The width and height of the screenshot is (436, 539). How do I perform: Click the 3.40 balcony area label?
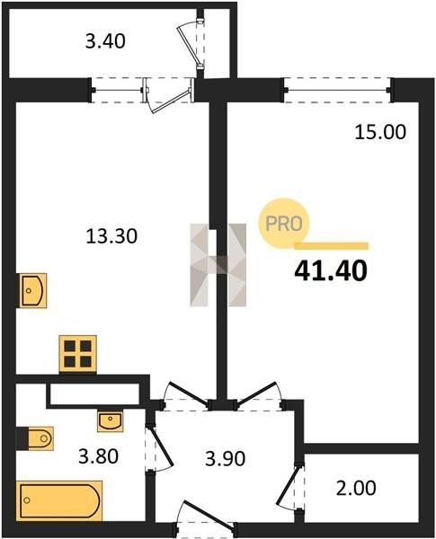(105, 42)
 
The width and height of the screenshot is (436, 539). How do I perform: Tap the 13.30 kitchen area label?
(111, 236)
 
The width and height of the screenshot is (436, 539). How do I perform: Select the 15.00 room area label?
(380, 132)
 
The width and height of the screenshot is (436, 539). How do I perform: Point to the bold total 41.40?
(331, 271)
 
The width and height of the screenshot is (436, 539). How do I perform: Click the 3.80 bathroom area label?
(98, 456)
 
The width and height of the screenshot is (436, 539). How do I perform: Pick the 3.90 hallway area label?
(225, 459)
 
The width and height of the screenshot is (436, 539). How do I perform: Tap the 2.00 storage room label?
(356, 489)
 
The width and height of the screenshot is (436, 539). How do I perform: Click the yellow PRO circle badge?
(284, 224)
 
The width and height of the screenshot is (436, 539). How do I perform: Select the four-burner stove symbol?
(78, 354)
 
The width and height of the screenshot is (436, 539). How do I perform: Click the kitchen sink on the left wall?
(33, 291)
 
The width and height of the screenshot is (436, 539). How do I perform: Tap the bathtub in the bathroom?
(59, 500)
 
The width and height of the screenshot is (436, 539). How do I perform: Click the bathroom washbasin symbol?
(110, 421)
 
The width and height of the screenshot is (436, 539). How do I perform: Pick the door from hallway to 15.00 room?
(260, 395)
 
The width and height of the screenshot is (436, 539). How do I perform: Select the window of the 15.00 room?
(338, 90)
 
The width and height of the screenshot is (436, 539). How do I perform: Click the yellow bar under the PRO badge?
(332, 245)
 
